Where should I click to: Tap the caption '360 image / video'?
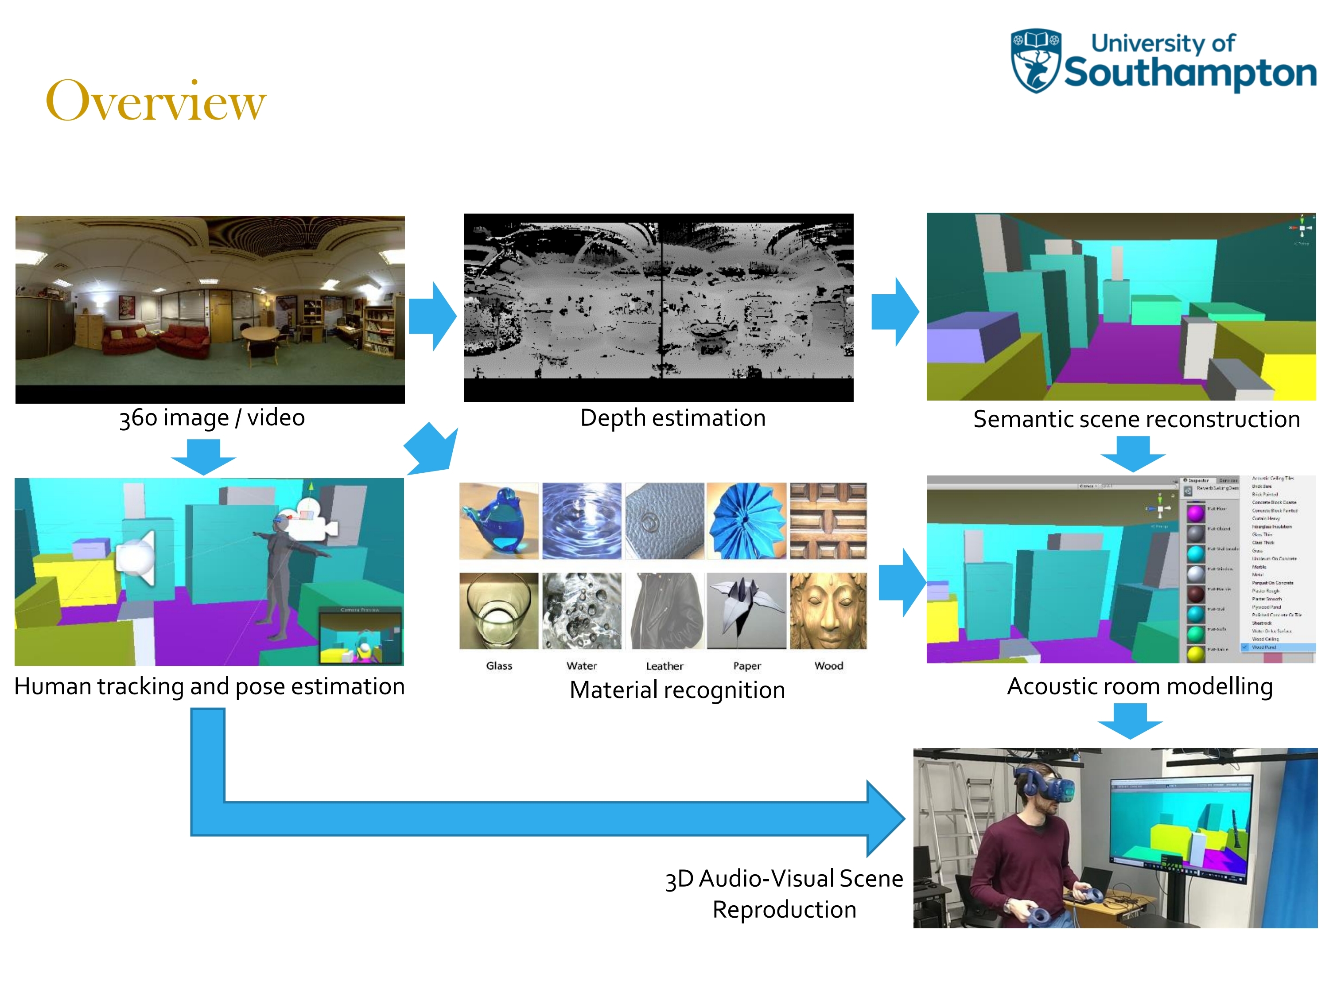(x=211, y=418)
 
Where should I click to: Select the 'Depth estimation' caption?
(x=672, y=418)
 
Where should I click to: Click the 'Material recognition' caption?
(x=677, y=690)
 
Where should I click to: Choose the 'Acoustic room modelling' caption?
(x=1140, y=686)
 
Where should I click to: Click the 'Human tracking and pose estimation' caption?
(x=209, y=686)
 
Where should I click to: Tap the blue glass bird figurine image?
(x=499, y=521)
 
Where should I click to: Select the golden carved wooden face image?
(x=828, y=611)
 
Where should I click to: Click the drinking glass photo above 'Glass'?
(x=499, y=611)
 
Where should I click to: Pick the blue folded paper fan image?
(x=746, y=521)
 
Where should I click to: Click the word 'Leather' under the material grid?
(x=664, y=666)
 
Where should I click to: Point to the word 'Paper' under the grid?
(x=747, y=666)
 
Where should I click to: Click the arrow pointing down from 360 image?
(x=203, y=456)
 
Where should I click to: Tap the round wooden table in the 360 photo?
(x=259, y=334)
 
